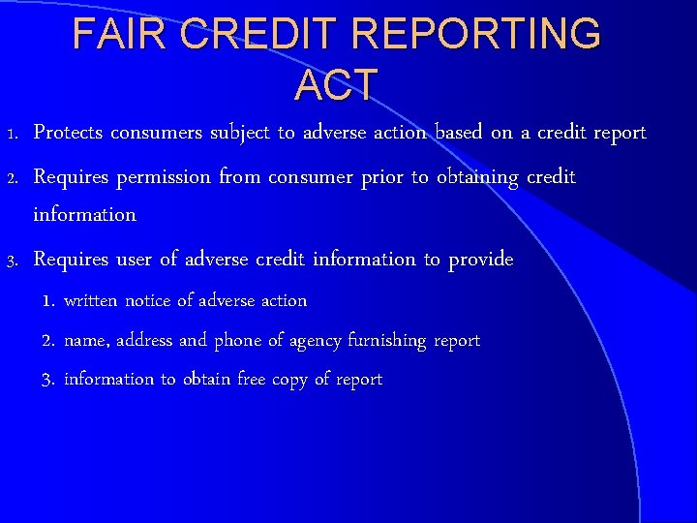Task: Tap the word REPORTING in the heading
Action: tap(476, 34)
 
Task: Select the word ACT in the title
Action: tap(336, 85)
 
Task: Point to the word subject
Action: tap(238, 133)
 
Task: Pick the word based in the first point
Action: tap(459, 133)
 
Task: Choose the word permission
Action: tap(164, 177)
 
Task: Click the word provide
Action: tap(481, 260)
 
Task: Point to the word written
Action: tap(90, 301)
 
